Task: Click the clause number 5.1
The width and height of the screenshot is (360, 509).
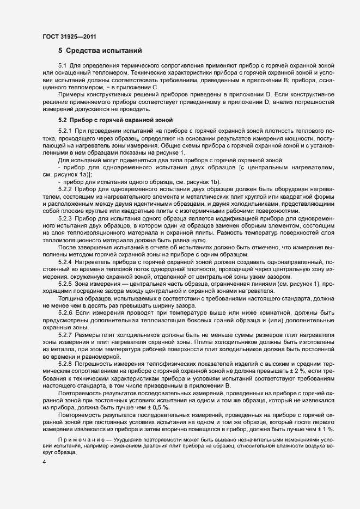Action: [63, 66]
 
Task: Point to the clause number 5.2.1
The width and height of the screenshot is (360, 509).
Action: [65, 132]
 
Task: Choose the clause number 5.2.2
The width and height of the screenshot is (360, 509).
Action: [65, 188]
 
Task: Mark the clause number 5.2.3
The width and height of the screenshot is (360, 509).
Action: [65, 217]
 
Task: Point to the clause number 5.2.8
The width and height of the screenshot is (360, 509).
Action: [65, 362]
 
